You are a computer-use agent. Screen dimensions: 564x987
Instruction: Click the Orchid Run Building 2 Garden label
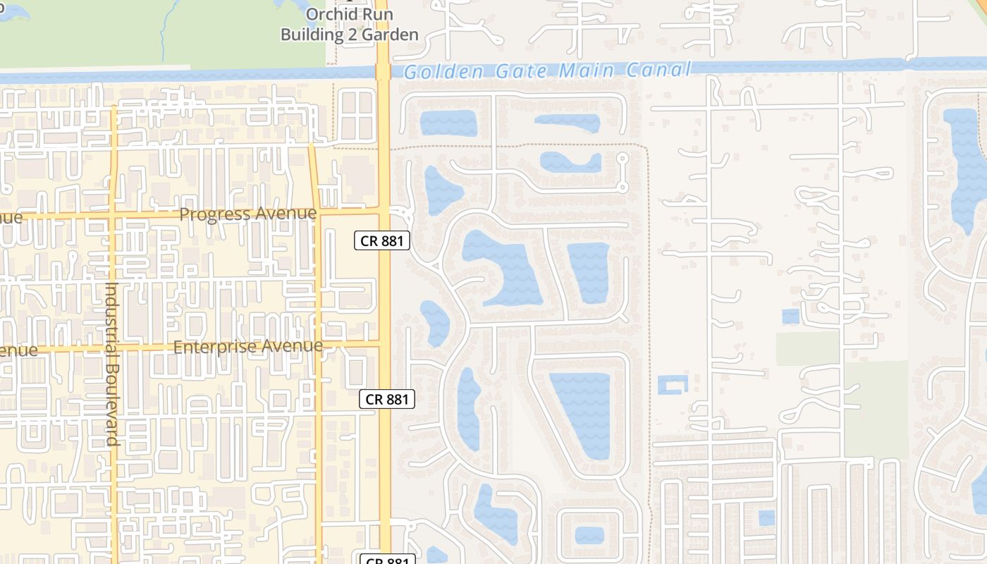350,25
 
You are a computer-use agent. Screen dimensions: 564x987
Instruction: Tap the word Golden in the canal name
444,71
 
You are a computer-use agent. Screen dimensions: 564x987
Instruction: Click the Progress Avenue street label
248,214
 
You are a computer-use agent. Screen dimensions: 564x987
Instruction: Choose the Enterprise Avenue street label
248,347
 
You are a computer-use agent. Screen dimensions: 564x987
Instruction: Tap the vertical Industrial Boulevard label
111,363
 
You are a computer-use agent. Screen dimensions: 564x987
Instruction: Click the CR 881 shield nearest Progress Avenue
381,240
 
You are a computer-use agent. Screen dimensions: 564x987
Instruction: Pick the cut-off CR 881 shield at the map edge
386,560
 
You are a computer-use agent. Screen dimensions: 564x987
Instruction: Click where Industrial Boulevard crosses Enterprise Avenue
113,347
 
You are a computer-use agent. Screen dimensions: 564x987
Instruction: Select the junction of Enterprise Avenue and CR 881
384,344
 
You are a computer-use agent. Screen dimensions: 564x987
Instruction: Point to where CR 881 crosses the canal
384,71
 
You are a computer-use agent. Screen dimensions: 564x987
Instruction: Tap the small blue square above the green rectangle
791,317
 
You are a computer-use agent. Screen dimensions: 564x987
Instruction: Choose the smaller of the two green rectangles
807,348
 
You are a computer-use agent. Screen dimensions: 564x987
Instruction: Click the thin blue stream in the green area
164,35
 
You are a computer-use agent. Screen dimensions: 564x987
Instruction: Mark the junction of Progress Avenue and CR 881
384,211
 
